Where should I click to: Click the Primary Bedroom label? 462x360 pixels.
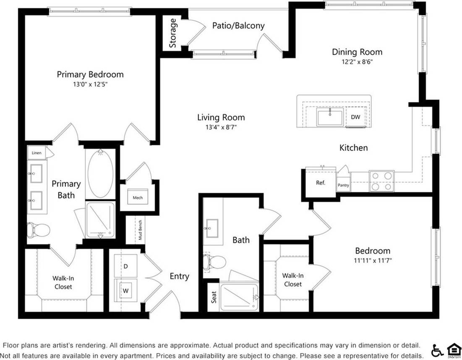click(90, 74)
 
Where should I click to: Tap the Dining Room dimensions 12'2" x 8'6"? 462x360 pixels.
click(357, 61)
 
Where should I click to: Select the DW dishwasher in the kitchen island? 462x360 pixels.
click(355, 117)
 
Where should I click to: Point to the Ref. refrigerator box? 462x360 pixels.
click(321, 183)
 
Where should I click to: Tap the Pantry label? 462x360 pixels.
click(343, 185)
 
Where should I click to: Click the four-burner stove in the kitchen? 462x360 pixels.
click(381, 181)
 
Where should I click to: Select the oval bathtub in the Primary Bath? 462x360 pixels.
click(100, 173)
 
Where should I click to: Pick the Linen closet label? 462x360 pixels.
click(37, 153)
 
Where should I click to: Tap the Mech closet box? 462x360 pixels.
click(138, 197)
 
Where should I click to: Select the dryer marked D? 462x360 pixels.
click(125, 266)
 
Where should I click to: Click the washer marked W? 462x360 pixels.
click(125, 289)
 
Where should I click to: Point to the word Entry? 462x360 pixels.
click(179, 276)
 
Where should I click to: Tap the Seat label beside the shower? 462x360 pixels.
click(214, 297)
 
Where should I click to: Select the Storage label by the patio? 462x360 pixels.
click(172, 33)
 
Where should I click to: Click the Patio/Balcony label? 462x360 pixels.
click(238, 26)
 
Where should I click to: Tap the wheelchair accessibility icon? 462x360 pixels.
click(436, 350)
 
